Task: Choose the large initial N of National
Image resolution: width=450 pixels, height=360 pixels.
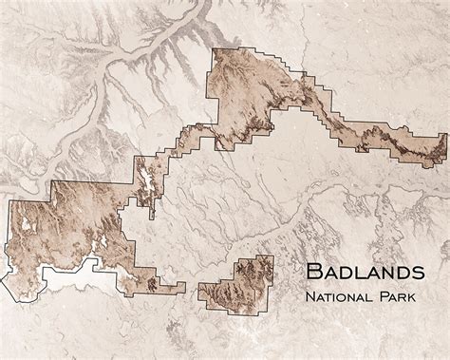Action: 309,299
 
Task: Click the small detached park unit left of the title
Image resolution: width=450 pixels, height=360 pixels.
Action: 234,280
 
